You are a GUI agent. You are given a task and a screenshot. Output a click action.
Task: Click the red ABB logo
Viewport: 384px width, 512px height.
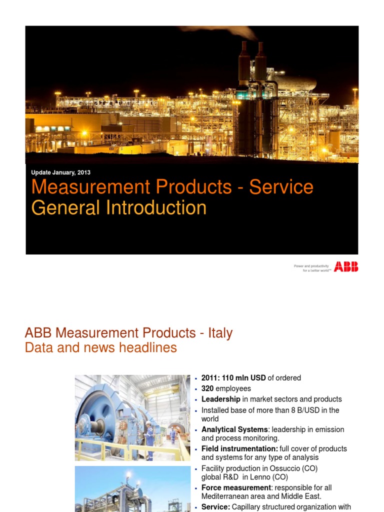346,266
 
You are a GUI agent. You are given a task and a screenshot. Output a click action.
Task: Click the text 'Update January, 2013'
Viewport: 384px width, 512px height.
60,172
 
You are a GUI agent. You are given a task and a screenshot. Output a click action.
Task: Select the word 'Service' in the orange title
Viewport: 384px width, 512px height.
281,187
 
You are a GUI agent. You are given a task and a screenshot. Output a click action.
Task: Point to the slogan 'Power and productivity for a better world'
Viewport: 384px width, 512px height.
312,268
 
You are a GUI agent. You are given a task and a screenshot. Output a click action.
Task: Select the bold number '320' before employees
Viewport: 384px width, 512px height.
207,388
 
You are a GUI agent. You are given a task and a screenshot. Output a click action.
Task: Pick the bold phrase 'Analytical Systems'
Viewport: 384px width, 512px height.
234,429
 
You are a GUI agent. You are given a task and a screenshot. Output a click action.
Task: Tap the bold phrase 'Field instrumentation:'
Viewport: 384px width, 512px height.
239,448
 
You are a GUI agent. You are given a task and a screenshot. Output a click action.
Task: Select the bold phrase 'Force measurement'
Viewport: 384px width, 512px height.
236,487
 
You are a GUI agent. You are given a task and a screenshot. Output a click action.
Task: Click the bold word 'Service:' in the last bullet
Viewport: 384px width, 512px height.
215,507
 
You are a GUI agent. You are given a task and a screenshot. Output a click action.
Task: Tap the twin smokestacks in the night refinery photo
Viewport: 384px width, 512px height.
252,60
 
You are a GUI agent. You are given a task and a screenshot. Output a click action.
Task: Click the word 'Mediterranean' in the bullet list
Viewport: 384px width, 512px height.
225,496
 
